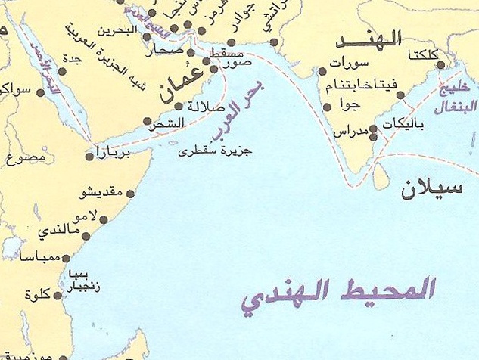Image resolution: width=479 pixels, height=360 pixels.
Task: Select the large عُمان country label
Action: pyautogui.click(x=182, y=86)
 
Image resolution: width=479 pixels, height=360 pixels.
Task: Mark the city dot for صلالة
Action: pyautogui.click(x=179, y=106)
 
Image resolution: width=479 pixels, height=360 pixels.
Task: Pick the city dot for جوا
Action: pyautogui.click(x=328, y=107)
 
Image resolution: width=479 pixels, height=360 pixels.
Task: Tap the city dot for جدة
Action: pyautogui.click(x=61, y=71)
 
